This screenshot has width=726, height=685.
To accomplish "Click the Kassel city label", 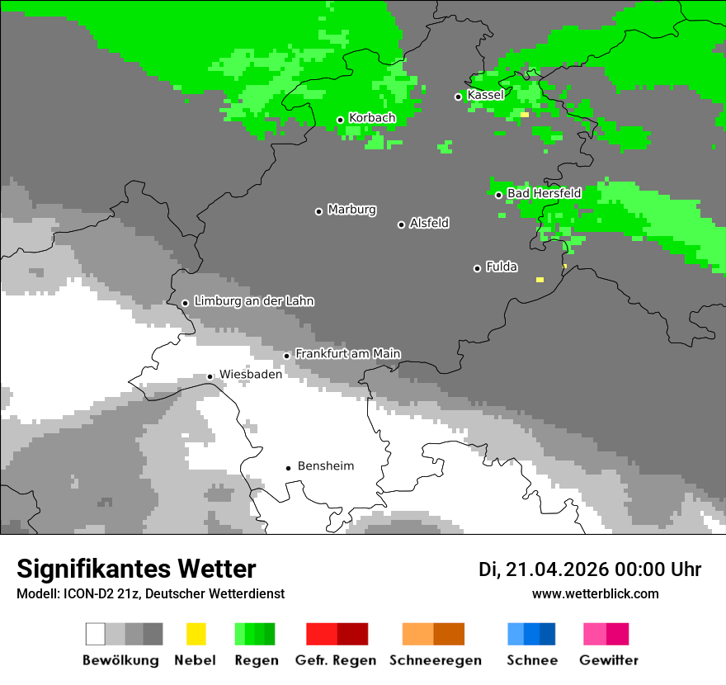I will [485, 95].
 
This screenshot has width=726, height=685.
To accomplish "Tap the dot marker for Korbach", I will [340, 120].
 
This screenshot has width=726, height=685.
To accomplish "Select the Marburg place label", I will [351, 210].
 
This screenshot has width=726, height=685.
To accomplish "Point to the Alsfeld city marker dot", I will [401, 224].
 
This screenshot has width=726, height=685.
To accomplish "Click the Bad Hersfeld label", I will [544, 193].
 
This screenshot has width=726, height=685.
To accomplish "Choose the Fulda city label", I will [502, 267].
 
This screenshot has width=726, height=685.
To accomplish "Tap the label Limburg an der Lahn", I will [253, 301].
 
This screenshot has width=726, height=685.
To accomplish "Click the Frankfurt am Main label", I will [347, 353].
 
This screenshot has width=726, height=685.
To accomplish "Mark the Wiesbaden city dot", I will [210, 376].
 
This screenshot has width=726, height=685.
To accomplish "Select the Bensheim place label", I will [325, 466].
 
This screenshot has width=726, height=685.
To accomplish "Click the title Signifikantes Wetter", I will [136, 569].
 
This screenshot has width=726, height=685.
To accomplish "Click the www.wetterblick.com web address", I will [595, 593].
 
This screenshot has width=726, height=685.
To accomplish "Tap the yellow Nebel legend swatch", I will [196, 634].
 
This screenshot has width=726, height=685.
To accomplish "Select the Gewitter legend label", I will [608, 660].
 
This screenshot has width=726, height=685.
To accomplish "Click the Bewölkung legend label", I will [120, 660].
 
